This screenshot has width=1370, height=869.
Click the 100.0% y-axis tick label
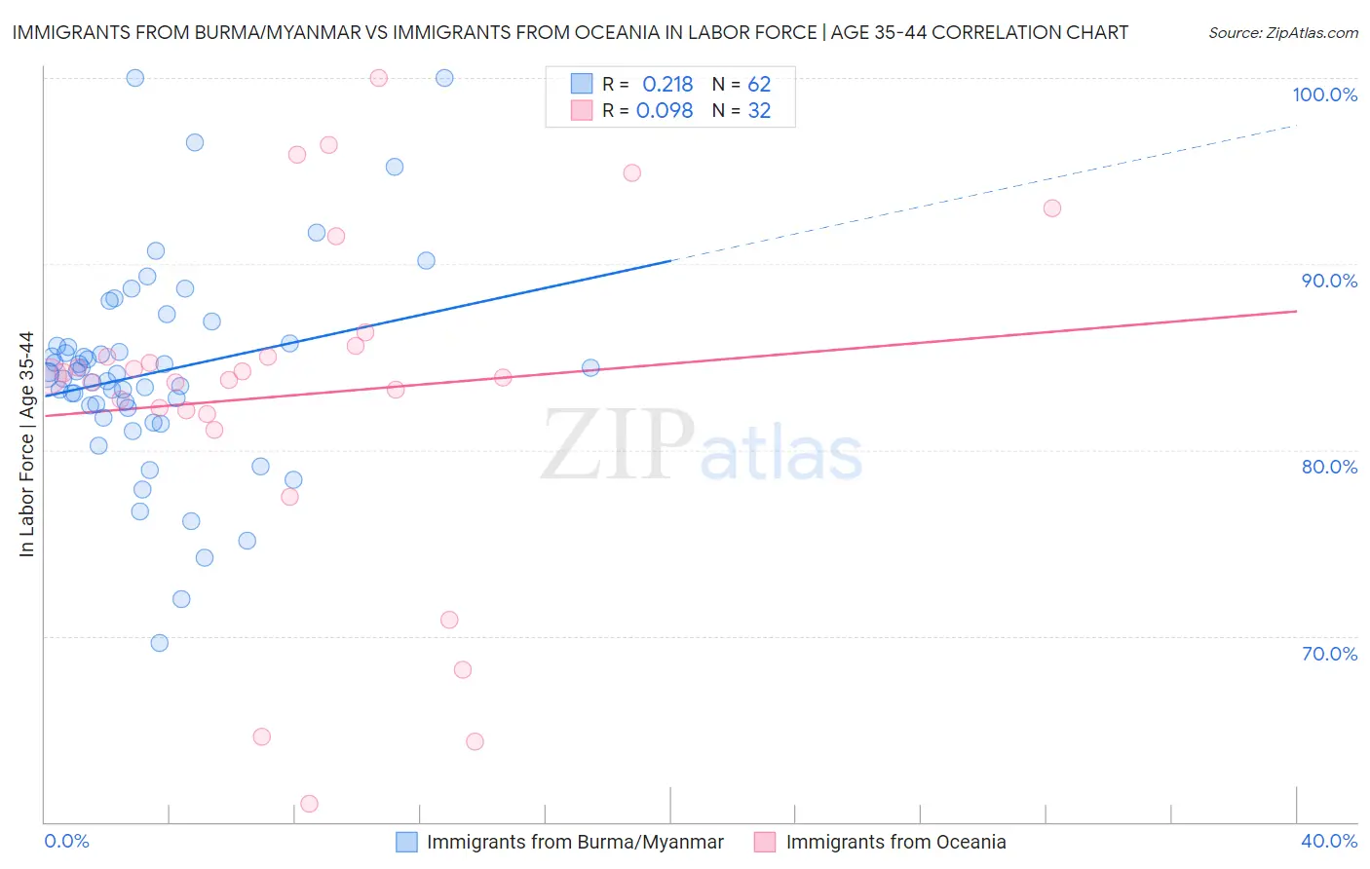click(1324, 94)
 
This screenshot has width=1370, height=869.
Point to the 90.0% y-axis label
click(1329, 281)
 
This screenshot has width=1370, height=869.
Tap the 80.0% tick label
click(1329, 467)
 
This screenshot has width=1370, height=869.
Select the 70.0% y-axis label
click(1329, 654)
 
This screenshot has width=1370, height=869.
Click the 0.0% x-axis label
click(66, 841)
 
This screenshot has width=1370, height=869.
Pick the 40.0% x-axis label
click(1328, 841)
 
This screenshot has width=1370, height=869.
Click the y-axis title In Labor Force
click(26, 444)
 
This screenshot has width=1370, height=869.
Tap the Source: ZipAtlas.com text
click(1282, 33)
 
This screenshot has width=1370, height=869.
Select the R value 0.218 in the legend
click(667, 84)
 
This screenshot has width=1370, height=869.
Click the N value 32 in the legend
click(759, 111)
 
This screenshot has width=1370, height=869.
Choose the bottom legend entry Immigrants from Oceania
click(895, 842)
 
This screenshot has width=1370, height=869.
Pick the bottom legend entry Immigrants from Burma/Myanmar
click(575, 842)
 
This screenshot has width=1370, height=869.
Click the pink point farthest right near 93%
click(1051, 208)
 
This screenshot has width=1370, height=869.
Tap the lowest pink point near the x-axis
click(309, 804)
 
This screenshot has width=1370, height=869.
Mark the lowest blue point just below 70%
click(160, 643)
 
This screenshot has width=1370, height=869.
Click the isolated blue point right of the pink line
click(590, 367)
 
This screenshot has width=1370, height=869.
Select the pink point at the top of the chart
click(379, 78)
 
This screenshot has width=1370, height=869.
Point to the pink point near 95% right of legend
click(631, 173)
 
